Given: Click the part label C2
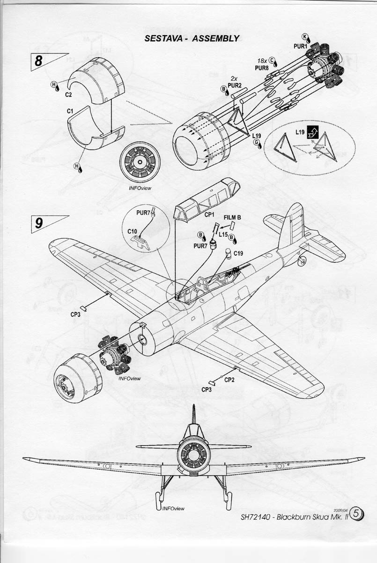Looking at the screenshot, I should coord(68,94).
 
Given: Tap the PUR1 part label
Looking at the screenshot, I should coord(300,46).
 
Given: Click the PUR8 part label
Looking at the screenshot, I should coord(261,68).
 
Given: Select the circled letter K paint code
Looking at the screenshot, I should coord(305,37).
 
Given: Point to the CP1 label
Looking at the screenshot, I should coord(209,214).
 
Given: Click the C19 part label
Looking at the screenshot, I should coord(238,253).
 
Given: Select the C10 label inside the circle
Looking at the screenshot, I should coord(132,231).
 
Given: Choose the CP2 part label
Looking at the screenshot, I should coord(229,380).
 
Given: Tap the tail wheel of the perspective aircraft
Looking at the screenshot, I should coord(303,259).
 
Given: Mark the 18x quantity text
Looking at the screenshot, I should coord(262,61).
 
